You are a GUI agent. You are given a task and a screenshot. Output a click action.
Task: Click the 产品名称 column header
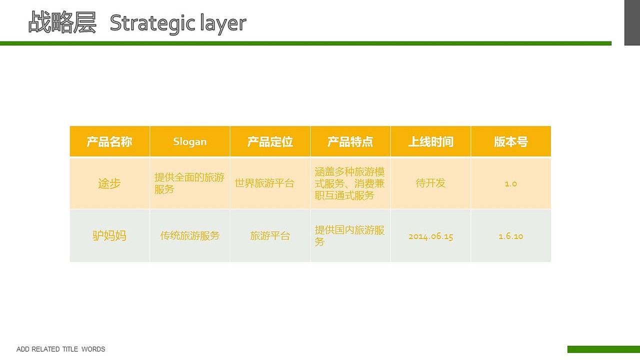tap(109, 142)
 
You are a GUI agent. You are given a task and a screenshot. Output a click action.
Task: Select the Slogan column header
tap(190, 142)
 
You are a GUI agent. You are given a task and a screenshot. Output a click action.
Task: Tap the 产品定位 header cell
tap(270, 142)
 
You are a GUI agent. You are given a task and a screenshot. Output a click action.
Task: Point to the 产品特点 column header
tap(350, 142)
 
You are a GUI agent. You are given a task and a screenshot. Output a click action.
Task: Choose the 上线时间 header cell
tap(430, 142)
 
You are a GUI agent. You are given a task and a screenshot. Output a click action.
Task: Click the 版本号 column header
tap(510, 142)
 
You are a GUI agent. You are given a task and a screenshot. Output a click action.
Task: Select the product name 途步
tap(109, 183)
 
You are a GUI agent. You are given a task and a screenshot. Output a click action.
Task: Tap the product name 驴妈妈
tap(109, 236)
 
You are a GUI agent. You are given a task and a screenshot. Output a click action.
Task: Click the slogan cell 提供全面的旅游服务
tap(189, 183)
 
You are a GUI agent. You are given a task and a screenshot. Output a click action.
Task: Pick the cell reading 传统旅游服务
tap(190, 236)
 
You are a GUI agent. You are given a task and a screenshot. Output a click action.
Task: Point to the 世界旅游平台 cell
tap(264, 183)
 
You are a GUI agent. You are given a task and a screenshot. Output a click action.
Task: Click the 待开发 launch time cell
tap(430, 183)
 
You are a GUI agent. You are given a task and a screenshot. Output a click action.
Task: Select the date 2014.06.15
tap(430, 236)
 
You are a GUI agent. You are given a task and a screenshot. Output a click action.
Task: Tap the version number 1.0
tap(510, 184)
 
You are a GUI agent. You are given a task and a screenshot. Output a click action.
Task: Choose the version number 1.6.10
tap(510, 236)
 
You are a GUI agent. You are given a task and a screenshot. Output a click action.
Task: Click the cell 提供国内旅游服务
tap(349, 236)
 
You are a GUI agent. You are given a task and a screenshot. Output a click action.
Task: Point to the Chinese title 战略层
tap(62, 22)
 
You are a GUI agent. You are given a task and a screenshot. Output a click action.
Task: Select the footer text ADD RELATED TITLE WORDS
tap(61, 349)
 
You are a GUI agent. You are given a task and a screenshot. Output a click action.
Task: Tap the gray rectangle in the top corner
tap(632, 22)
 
